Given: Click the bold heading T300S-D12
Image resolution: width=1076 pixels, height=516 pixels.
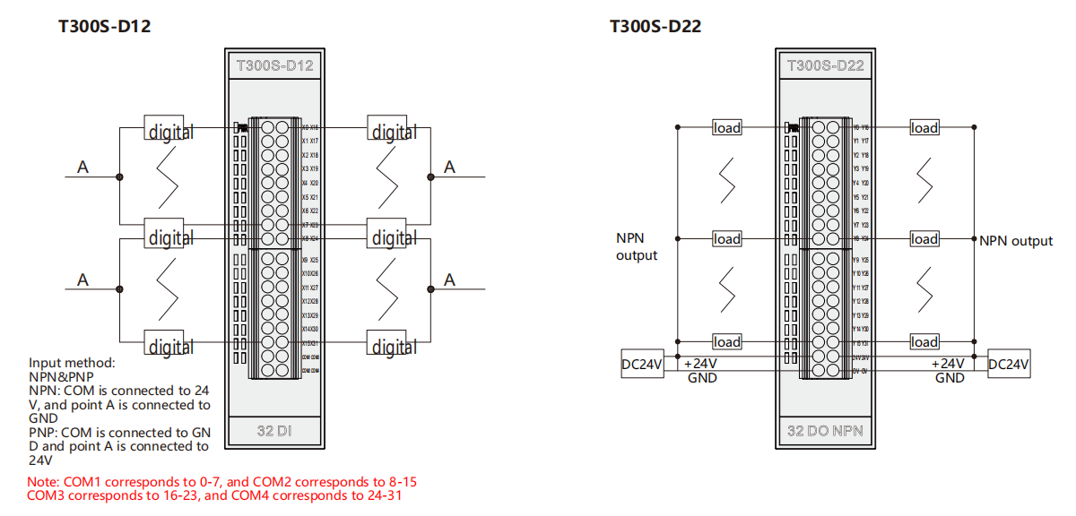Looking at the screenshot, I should (x=104, y=27).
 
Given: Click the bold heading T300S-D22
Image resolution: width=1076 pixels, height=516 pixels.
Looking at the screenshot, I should (x=655, y=27).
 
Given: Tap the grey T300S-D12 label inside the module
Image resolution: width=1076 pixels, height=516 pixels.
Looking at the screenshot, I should (x=274, y=65).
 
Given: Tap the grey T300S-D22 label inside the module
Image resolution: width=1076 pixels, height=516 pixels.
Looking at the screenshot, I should (x=825, y=65).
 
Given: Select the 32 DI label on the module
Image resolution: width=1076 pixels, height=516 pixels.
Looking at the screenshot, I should (x=274, y=432).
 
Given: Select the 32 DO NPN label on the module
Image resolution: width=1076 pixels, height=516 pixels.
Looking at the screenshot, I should (x=825, y=432).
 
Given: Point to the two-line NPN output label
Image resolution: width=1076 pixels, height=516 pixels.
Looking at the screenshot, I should (x=637, y=246).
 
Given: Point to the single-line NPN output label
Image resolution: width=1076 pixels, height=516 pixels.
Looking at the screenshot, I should (x=1016, y=240).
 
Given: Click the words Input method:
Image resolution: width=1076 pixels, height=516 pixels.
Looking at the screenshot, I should (x=72, y=363).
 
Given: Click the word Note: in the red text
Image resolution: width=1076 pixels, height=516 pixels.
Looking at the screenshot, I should (x=44, y=481).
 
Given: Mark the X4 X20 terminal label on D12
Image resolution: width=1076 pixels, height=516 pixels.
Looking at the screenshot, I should (x=309, y=183).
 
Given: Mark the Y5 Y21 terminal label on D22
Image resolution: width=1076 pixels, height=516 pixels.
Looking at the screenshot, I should (x=860, y=197).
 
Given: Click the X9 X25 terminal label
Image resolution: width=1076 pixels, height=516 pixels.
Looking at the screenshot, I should (x=309, y=260).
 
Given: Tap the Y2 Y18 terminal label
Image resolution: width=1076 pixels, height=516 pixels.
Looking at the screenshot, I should (x=860, y=155).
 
